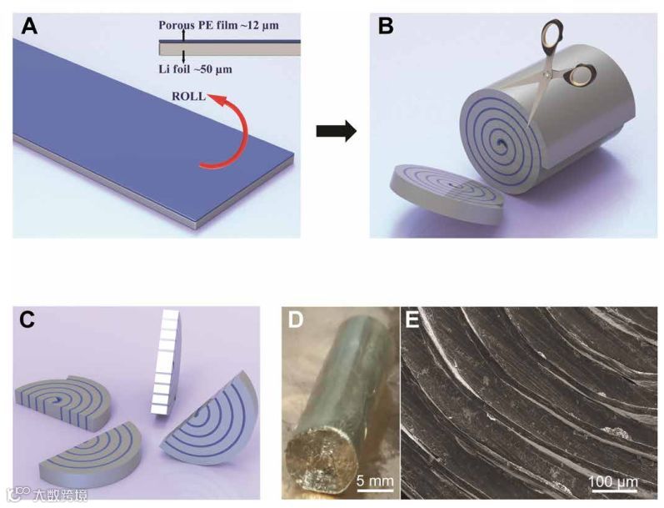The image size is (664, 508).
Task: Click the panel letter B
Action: pyautogui.click(x=387, y=28)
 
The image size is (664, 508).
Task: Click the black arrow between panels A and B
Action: pyautogui.click(x=337, y=131)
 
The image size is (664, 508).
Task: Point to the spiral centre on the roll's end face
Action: pyautogui.click(x=501, y=148)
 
